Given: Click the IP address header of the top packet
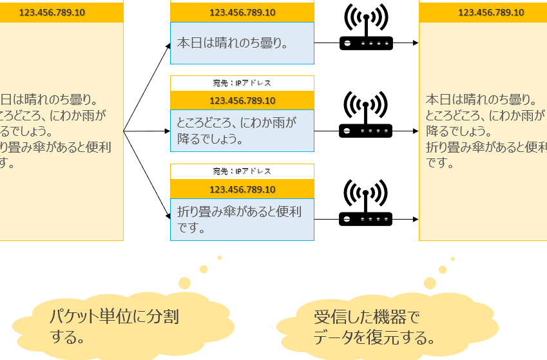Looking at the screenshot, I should (x=242, y=12).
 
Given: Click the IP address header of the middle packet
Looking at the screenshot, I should (x=242, y=100).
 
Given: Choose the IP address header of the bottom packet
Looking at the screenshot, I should (x=242, y=189).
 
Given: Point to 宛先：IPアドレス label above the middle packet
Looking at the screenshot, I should (x=242, y=83).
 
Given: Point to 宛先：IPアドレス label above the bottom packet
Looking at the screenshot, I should (x=242, y=171).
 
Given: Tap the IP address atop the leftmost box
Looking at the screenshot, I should (x=52, y=12).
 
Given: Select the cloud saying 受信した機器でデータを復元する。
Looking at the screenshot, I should (x=387, y=325).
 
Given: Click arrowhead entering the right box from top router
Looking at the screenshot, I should (x=416, y=43).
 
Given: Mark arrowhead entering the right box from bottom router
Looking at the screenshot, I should (x=416, y=220).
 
